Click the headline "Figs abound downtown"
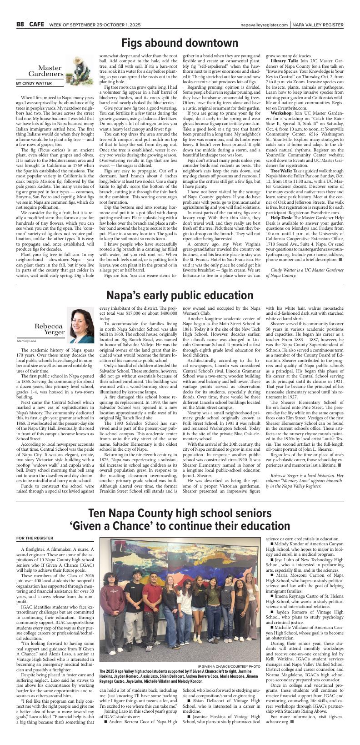point(180,43)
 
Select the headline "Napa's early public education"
point(180,295)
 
